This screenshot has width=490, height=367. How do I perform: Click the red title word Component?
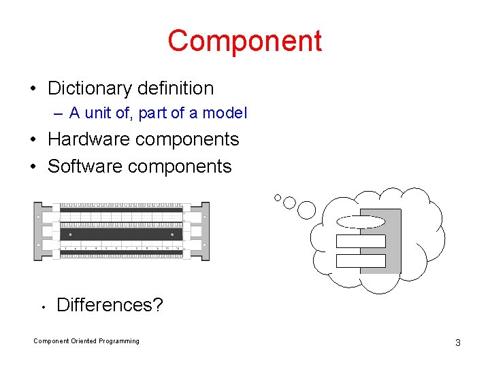244,41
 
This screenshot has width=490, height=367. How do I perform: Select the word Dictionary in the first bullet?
90,88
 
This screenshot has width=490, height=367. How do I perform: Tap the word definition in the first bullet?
176,88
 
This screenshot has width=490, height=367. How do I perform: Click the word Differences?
110,304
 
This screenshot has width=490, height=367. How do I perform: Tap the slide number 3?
457,343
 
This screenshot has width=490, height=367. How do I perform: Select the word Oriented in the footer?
84,341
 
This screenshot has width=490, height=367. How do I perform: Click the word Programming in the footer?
119,341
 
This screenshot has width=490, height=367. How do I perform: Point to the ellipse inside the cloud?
361,221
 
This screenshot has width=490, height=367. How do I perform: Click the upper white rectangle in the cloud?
361,241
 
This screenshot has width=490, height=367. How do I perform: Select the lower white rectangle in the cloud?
361,261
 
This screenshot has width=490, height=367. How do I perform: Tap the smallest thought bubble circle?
278,198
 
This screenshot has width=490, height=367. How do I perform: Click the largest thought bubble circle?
307,210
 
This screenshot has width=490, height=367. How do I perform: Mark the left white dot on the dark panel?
71,234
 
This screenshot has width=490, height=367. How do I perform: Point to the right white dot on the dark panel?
173,234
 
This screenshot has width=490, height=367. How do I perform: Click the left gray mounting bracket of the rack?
38,231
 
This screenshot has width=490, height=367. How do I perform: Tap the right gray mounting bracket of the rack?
205,231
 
